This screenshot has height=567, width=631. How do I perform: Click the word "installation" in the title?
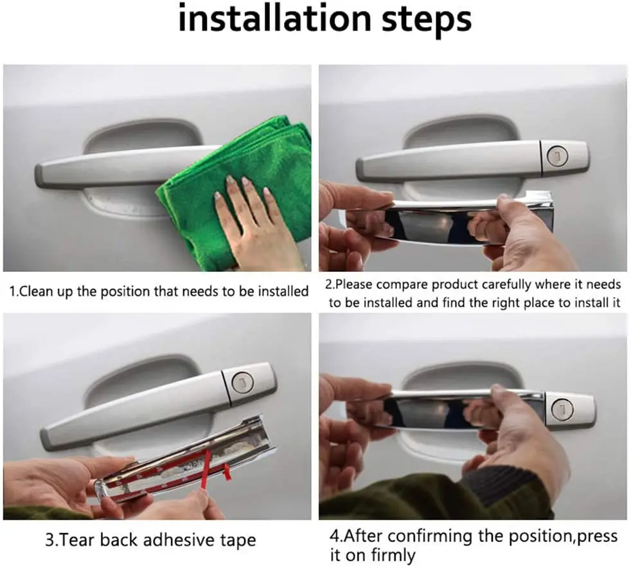tap(274, 19)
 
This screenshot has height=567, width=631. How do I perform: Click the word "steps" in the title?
tap(427, 20)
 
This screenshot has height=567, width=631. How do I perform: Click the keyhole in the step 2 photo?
tap(558, 156)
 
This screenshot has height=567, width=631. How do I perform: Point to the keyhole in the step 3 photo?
tap(243, 381)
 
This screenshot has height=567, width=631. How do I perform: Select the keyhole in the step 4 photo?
tap(562, 409)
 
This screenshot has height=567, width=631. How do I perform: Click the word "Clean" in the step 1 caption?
tap(36, 291)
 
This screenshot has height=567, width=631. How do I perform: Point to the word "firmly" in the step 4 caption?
tap(393, 555)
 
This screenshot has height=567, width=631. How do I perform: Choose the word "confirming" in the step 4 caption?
tap(429, 536)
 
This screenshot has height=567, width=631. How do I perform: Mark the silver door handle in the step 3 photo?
tap(157, 407)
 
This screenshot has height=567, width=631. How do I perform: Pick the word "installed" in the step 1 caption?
tap(283, 291)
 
